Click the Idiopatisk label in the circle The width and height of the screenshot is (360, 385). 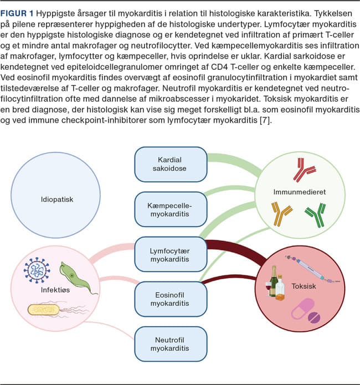(57, 199)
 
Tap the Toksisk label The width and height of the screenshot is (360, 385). (304, 286)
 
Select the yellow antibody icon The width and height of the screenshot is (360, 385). (281, 213)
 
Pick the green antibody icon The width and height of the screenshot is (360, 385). (316, 214)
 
